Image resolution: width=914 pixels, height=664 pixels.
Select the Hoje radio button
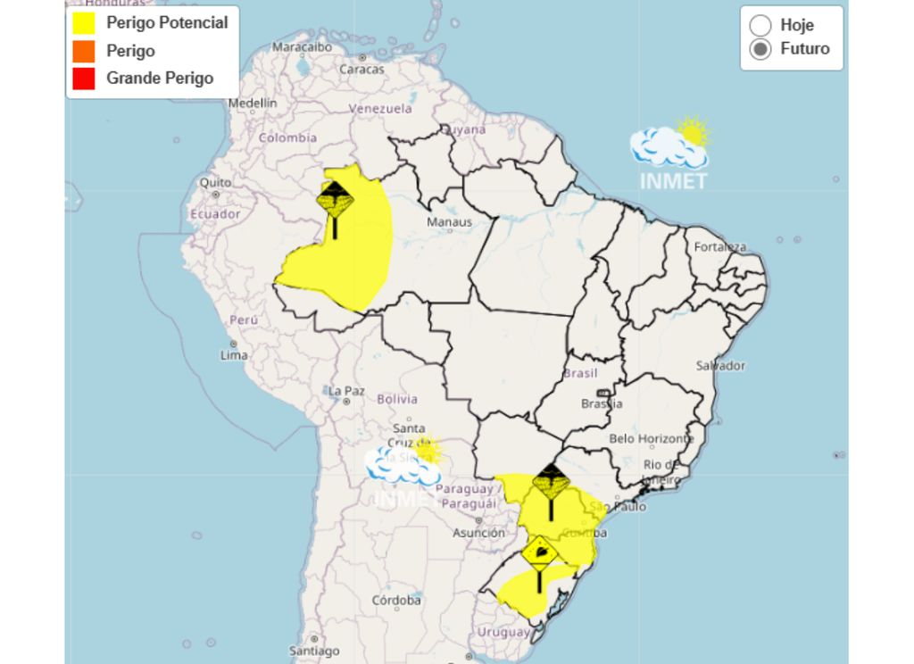760,25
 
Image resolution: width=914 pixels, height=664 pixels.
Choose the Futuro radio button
760,49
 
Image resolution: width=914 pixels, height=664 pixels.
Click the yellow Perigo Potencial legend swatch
84,23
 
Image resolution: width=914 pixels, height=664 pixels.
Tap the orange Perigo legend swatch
84,51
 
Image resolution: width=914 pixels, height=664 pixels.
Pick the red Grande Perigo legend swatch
84,79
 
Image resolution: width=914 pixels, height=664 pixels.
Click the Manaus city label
449,221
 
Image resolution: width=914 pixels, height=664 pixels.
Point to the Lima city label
234,355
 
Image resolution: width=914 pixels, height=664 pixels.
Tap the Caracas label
362,69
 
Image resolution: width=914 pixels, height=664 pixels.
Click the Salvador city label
720,366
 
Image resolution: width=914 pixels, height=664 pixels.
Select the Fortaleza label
720,247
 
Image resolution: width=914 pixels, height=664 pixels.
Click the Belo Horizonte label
651,439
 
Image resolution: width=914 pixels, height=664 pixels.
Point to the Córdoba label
396,600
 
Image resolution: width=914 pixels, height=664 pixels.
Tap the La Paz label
346,391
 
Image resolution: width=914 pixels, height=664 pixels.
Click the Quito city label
215,182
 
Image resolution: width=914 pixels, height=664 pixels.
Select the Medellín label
253,103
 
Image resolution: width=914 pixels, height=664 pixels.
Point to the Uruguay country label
504,632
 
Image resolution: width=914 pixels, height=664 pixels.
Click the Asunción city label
478,533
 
